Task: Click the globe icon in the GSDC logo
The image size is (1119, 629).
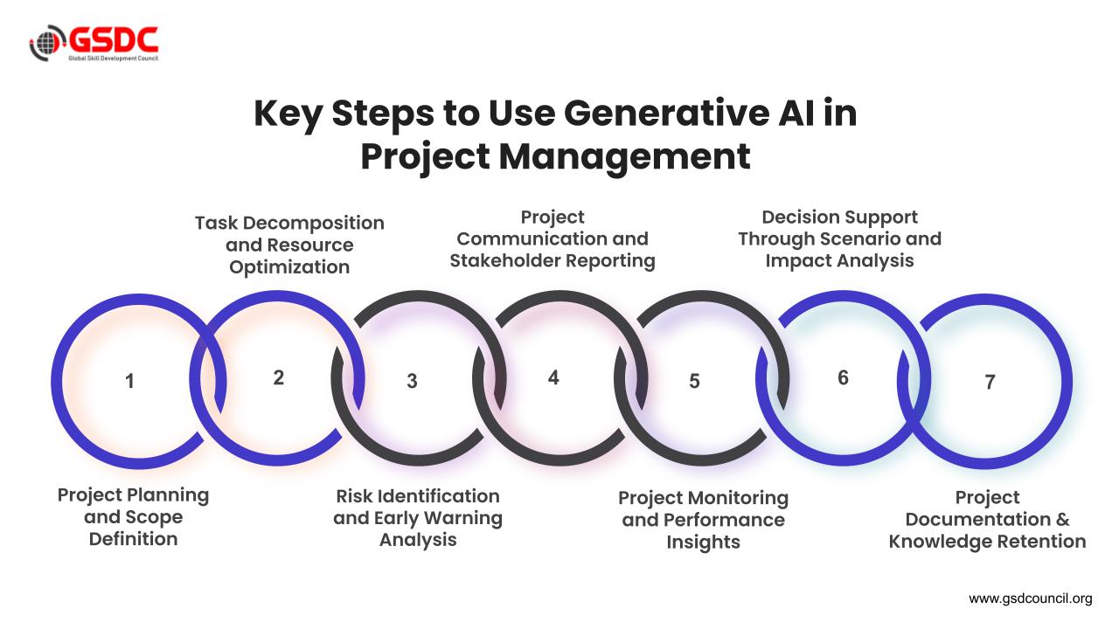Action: click(47, 43)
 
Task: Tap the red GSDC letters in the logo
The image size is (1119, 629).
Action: click(114, 40)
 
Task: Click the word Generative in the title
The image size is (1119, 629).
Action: click(666, 114)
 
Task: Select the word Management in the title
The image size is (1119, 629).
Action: click(624, 156)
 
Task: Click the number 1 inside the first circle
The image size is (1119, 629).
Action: click(129, 382)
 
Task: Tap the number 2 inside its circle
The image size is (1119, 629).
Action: click(279, 377)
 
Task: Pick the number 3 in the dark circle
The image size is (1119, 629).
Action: click(412, 382)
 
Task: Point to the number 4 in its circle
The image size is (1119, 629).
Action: click(553, 377)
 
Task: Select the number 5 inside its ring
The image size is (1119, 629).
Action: click(694, 382)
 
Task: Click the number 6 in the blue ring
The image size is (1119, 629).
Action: click(844, 377)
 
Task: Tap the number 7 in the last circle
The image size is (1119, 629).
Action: click(990, 382)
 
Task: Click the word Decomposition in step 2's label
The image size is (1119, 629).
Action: click(314, 224)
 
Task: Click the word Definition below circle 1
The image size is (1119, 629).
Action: click(134, 539)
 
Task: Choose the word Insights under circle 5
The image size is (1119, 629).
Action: click(704, 543)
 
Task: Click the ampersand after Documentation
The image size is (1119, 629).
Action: click(1063, 519)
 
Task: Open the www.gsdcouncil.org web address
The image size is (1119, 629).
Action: click(1031, 598)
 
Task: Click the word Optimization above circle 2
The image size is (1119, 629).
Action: click(289, 267)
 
